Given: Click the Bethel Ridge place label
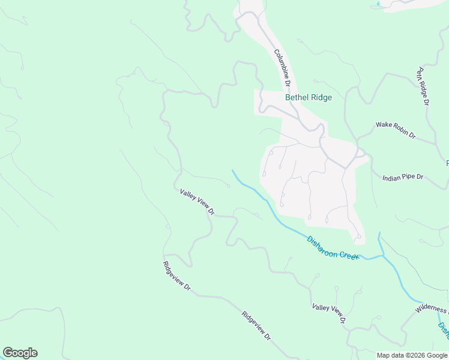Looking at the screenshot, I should [308, 97].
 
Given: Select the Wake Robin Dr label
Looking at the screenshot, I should [396, 129].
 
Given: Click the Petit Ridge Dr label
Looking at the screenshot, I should [422, 86].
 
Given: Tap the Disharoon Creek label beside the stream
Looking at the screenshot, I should [333, 247].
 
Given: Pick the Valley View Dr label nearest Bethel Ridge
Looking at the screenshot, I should [197, 202].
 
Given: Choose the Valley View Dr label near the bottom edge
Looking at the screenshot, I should [329, 314].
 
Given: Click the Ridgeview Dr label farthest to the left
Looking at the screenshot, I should [176, 277].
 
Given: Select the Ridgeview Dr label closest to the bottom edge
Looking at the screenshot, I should [256, 326].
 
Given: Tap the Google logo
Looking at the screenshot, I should [20, 353].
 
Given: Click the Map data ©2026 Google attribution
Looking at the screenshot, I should [412, 355].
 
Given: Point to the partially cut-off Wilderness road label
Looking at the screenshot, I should [431, 310].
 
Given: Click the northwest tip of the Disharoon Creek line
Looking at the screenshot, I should [232, 170].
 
